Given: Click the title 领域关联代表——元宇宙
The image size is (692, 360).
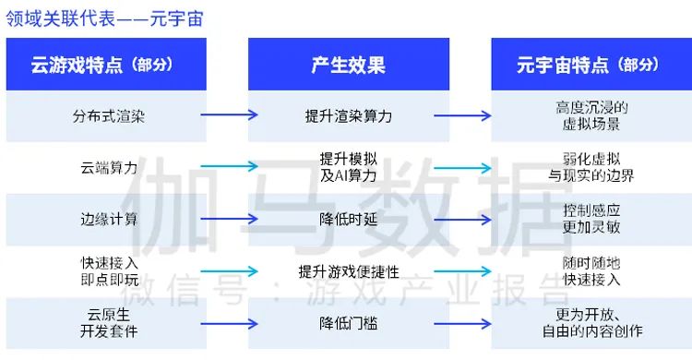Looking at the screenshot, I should pyautogui.click(x=104, y=18).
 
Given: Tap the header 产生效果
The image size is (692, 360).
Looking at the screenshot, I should pyautogui.click(x=348, y=65).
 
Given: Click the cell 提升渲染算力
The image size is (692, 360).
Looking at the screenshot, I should pyautogui.click(x=348, y=116).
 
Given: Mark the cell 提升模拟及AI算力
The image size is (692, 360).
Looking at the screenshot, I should pyautogui.click(x=348, y=167).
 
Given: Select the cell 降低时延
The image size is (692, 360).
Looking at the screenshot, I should pyautogui.click(x=348, y=219).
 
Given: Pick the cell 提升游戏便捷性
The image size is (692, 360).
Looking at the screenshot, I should pyautogui.click(x=348, y=270).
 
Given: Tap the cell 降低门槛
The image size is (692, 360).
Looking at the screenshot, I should pyautogui.click(x=348, y=322).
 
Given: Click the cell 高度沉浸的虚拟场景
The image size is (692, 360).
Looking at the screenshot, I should pyautogui.click(x=591, y=116).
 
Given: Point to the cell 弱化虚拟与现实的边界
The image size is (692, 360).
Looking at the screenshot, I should pyautogui.click(x=591, y=167).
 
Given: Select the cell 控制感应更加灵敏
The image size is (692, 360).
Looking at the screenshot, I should pyautogui.click(x=591, y=219).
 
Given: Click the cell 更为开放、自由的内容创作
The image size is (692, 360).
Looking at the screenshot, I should pyautogui.click(x=591, y=322).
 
